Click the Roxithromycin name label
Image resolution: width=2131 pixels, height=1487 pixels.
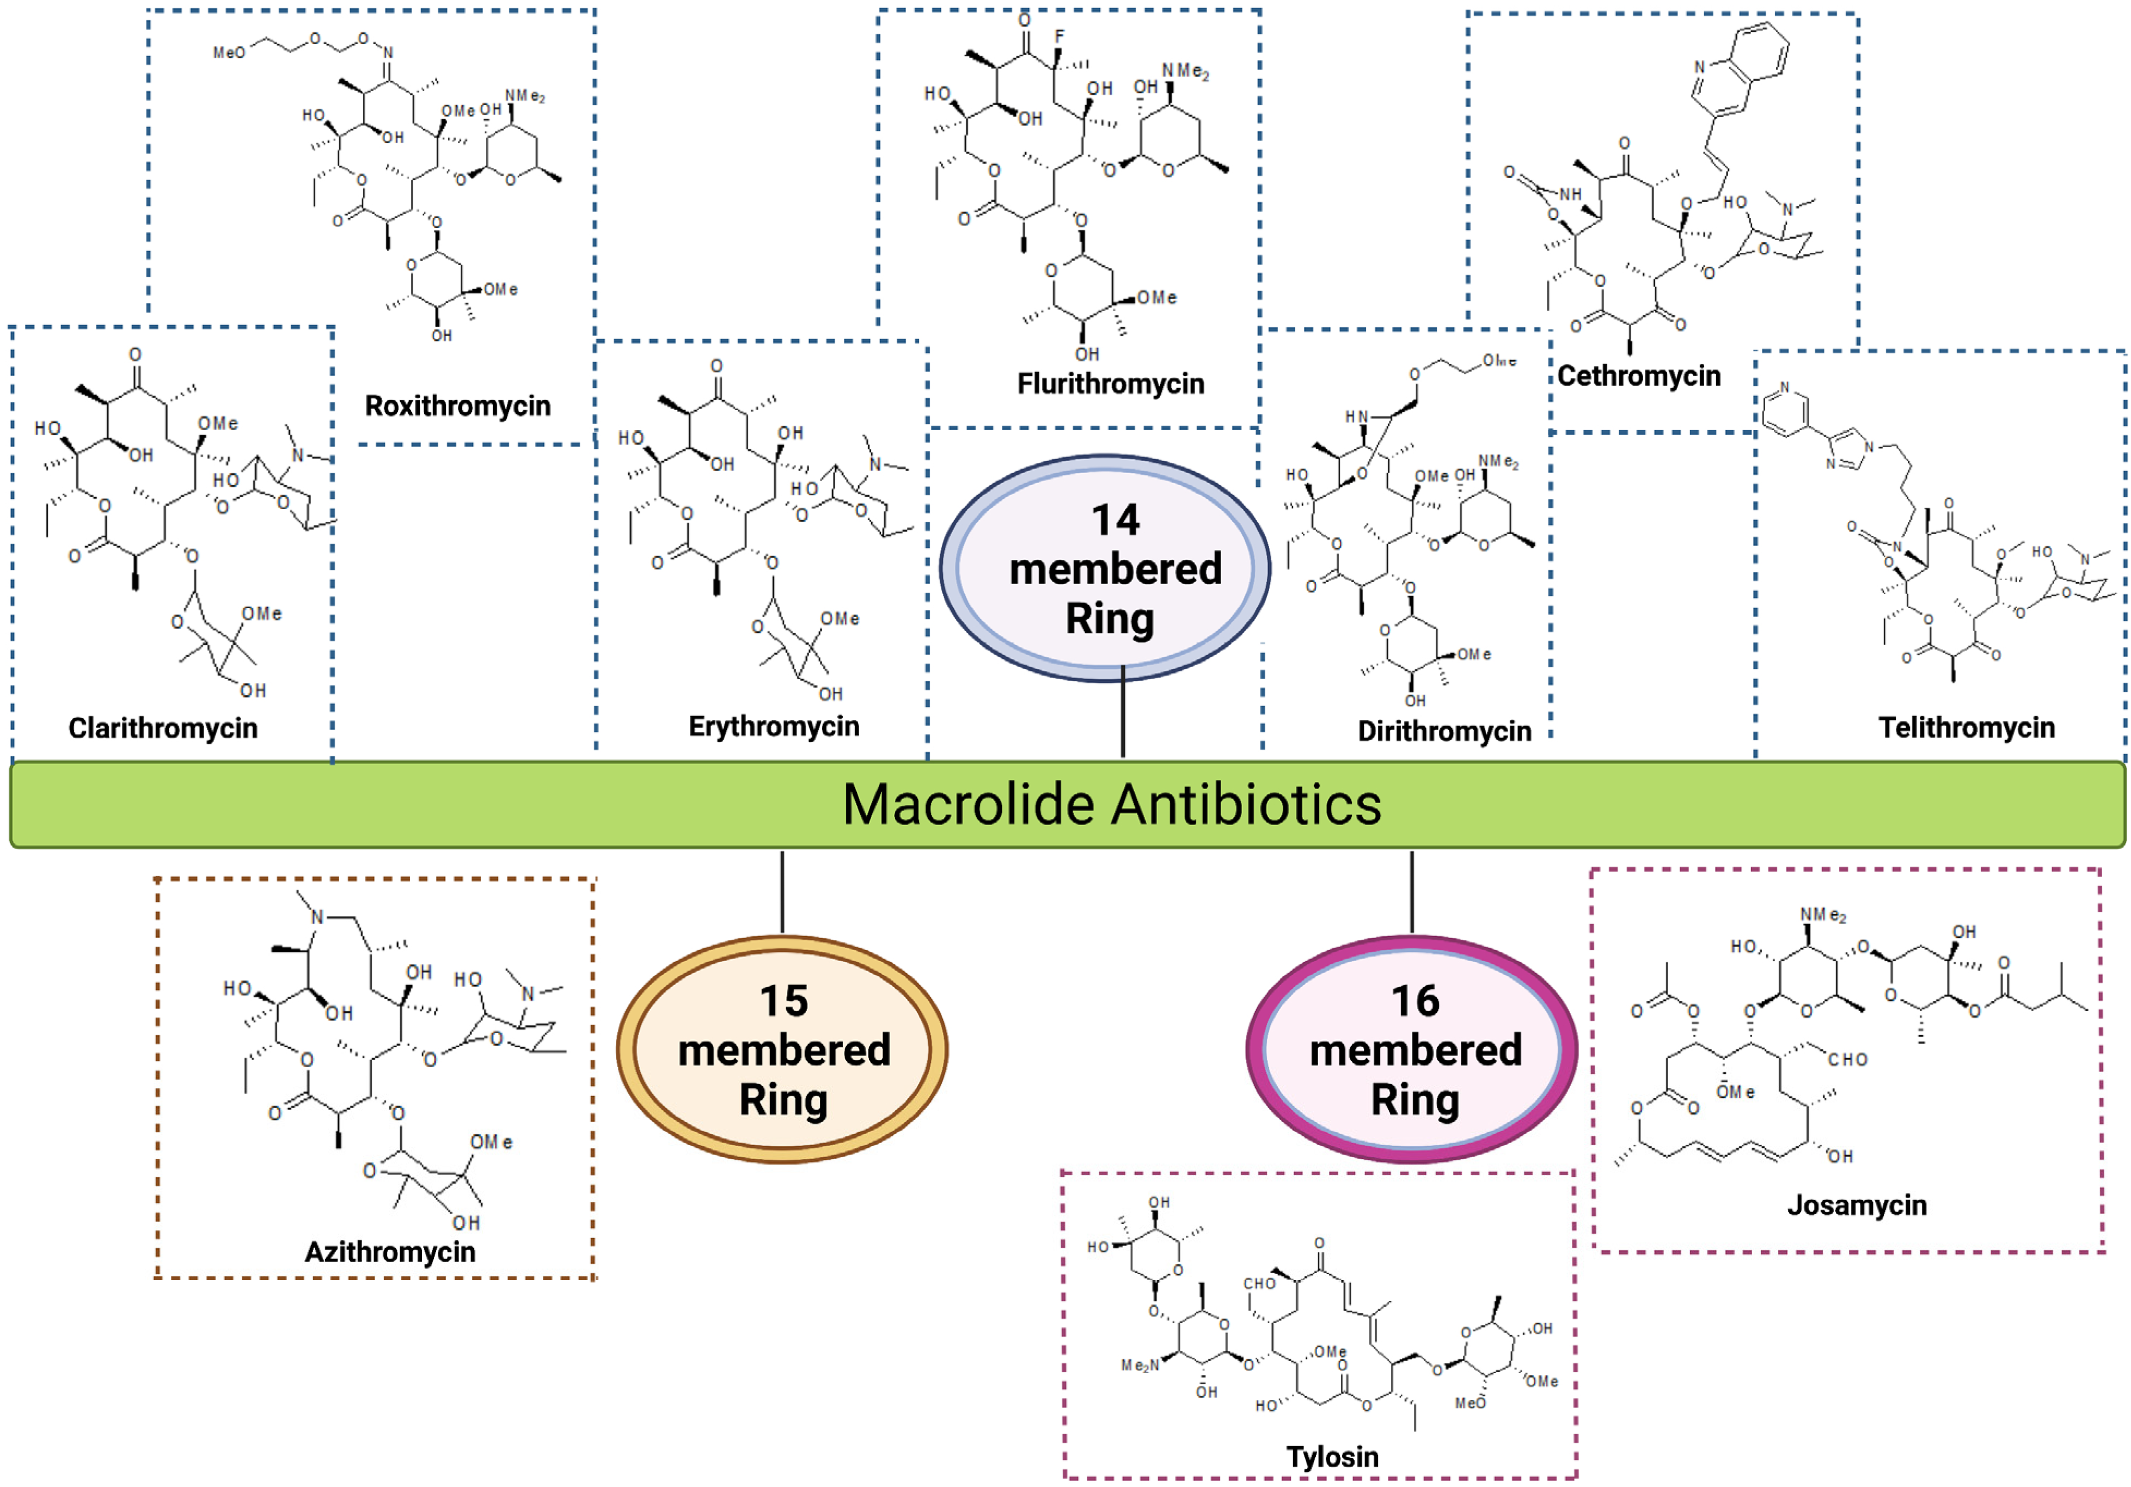point(457,406)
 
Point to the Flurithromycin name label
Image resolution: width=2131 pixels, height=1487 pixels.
point(1110,383)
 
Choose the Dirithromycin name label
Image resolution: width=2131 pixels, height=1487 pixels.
point(1444,731)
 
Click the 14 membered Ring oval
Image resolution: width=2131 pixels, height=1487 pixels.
point(1105,568)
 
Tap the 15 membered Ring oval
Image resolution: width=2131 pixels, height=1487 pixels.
point(782,1049)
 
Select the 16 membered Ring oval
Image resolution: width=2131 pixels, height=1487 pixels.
point(1413,1049)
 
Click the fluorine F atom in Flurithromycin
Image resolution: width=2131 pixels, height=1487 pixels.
point(1059,37)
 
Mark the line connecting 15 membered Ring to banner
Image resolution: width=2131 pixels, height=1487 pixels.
point(782,891)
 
